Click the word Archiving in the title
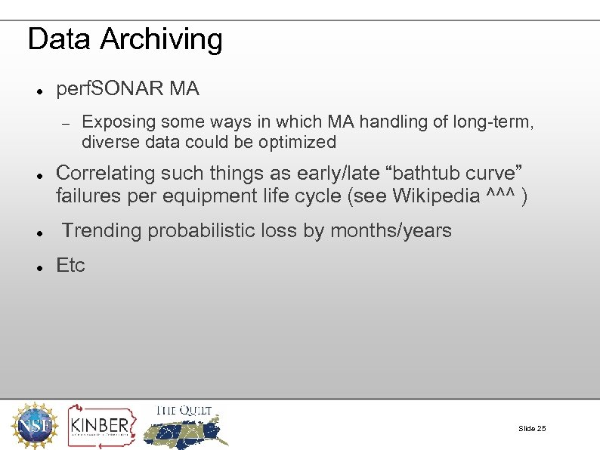[161, 39]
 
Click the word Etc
[71, 266]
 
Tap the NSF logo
[32, 424]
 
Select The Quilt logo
[185, 425]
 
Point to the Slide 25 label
[531, 429]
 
